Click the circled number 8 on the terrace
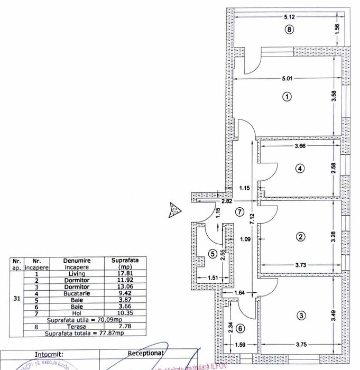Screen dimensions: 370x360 point(288,30)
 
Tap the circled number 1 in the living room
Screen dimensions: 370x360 point(287,97)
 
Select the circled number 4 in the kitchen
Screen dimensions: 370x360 point(299,169)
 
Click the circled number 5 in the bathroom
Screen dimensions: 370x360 point(213,254)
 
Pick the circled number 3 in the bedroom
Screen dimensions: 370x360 point(301,316)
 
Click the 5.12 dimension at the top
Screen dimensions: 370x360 point(288,17)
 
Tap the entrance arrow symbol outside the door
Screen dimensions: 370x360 point(174,209)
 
